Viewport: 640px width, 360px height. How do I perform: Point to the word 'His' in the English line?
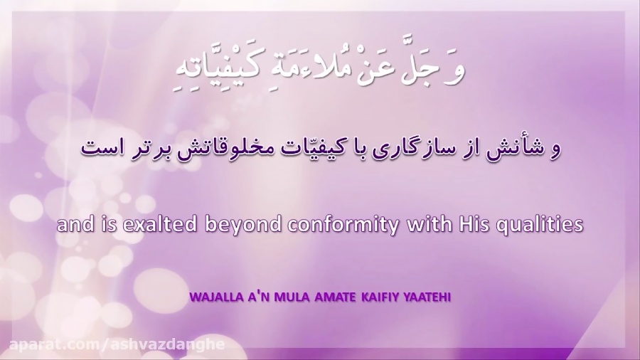coord(472,225)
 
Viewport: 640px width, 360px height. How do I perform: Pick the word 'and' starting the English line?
coord(70,226)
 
